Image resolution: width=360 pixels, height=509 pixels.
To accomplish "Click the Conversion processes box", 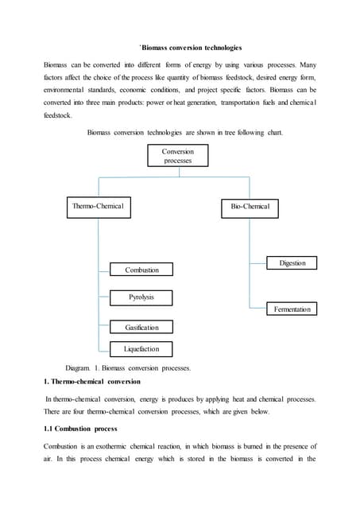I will (177, 155).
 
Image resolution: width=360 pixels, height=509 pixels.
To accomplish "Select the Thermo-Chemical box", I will (98, 207).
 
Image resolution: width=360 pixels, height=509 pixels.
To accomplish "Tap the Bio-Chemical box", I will (250, 207).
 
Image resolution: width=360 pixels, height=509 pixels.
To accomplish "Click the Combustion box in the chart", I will (141, 270).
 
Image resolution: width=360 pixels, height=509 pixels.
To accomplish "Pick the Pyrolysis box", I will (141, 297).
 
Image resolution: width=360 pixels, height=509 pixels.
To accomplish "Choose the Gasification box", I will (141, 327).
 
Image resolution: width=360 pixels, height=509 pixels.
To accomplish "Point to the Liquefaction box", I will (141, 348).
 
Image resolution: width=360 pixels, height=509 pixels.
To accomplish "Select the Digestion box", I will (292, 262).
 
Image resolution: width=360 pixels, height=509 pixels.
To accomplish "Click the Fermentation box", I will (292, 308).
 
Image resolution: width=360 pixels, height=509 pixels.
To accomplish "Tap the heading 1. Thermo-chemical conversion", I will (91, 381).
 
